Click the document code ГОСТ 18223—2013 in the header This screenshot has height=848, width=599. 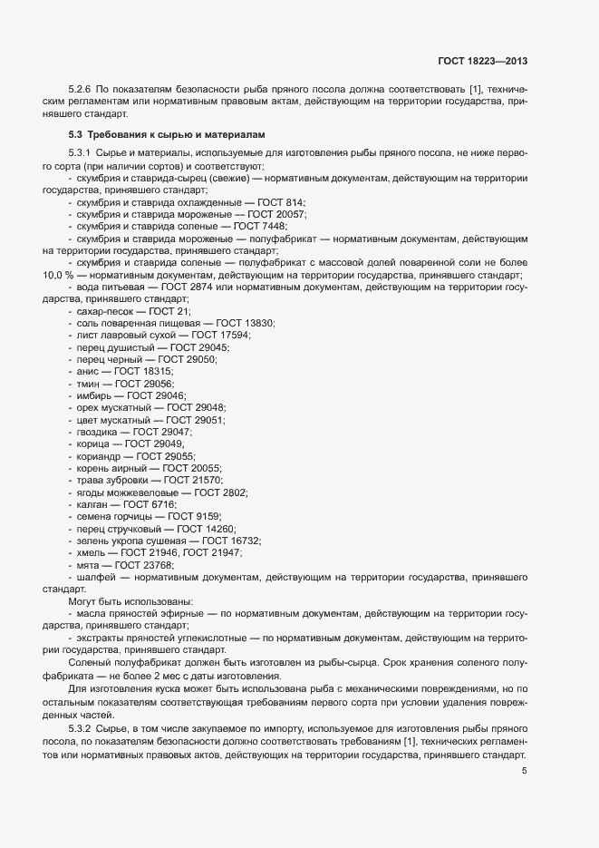tap(481, 62)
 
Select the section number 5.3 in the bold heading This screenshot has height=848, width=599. tap(76, 134)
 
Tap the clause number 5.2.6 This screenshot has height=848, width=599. tap(82, 89)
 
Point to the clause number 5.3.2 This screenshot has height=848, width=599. tap(82, 730)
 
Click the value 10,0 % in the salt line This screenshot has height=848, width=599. tap(58, 275)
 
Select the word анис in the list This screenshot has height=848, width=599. tap(89, 372)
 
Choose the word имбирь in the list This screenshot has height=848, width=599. tap(95, 396)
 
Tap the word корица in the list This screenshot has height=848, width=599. tap(94, 444)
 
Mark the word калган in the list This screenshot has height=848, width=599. tap(93, 504)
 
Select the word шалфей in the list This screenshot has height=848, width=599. tap(96, 577)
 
